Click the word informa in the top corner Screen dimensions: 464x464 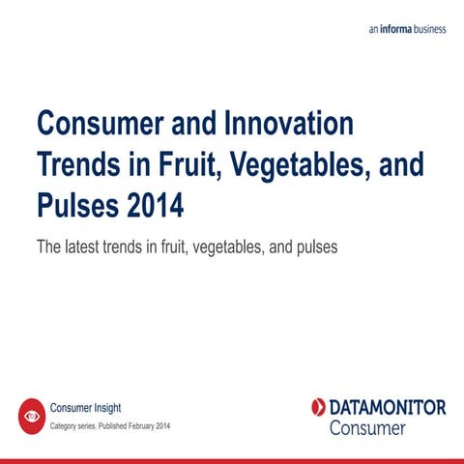click(x=398, y=29)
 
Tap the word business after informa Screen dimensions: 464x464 click(x=432, y=29)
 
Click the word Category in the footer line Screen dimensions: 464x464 click(x=64, y=425)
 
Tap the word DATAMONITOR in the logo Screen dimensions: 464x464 click(x=387, y=407)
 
